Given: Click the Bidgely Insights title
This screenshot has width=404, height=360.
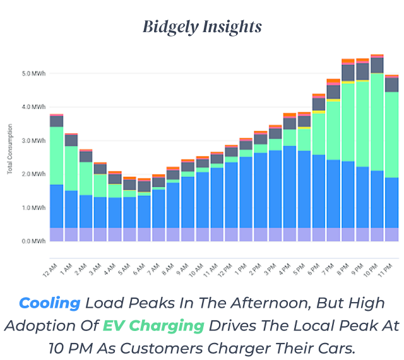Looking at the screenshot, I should pos(201,27).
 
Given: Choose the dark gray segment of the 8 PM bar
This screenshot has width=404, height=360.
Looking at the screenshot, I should pos(348,73).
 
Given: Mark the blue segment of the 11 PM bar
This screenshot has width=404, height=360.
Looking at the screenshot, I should pos(391,202).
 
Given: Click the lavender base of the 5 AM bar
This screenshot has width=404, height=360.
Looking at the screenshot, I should pos(129,235).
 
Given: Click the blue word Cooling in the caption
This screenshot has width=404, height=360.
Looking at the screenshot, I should pos(49,303).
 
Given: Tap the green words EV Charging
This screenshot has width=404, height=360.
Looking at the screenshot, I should pos(153,325).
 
